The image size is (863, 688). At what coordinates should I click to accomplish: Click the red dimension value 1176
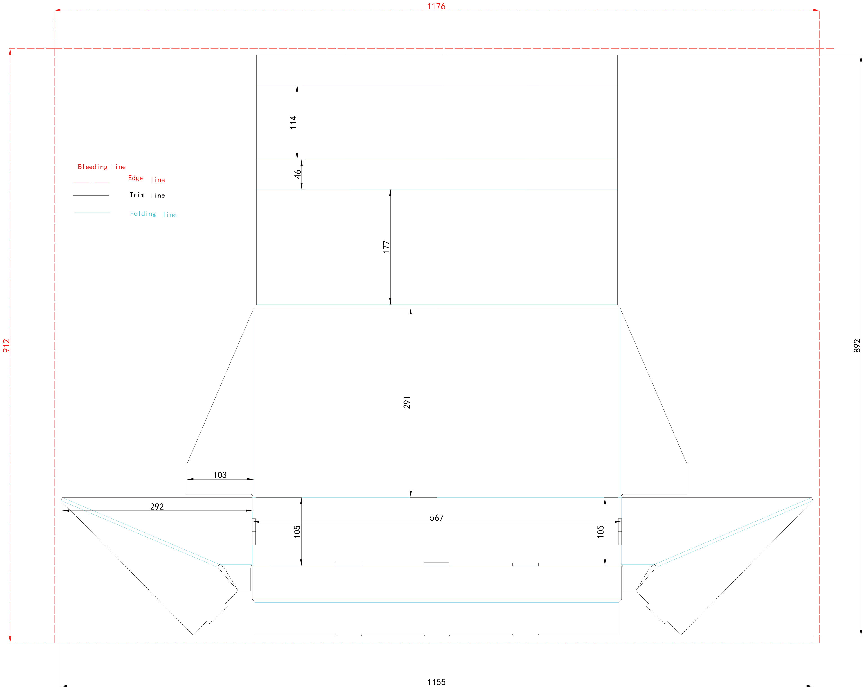click(436, 6)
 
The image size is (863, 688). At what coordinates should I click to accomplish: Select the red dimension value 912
click(6, 346)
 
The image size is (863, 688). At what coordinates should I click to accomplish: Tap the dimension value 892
click(857, 346)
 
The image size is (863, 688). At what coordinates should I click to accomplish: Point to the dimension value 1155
click(436, 682)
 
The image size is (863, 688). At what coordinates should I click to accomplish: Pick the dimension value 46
click(298, 174)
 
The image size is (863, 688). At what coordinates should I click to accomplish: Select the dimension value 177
click(386, 247)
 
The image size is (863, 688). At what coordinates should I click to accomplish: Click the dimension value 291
click(407, 402)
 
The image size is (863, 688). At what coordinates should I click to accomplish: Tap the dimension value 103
click(220, 475)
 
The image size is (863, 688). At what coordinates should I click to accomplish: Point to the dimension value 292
click(157, 506)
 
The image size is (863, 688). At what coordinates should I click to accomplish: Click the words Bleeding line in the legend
click(102, 167)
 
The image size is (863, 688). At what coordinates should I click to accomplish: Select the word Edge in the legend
click(135, 178)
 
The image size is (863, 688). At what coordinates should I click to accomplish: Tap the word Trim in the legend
click(137, 195)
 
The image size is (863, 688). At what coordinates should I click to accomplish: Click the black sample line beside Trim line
click(91, 195)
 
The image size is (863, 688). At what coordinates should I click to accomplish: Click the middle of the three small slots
click(436, 564)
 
